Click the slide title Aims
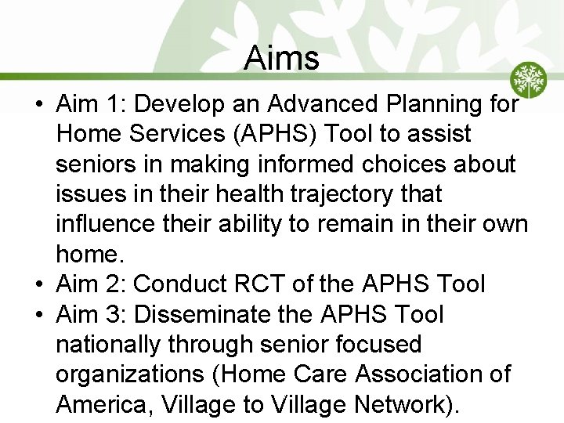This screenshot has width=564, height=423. coord(281,58)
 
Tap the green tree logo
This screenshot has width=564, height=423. coord(529,80)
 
